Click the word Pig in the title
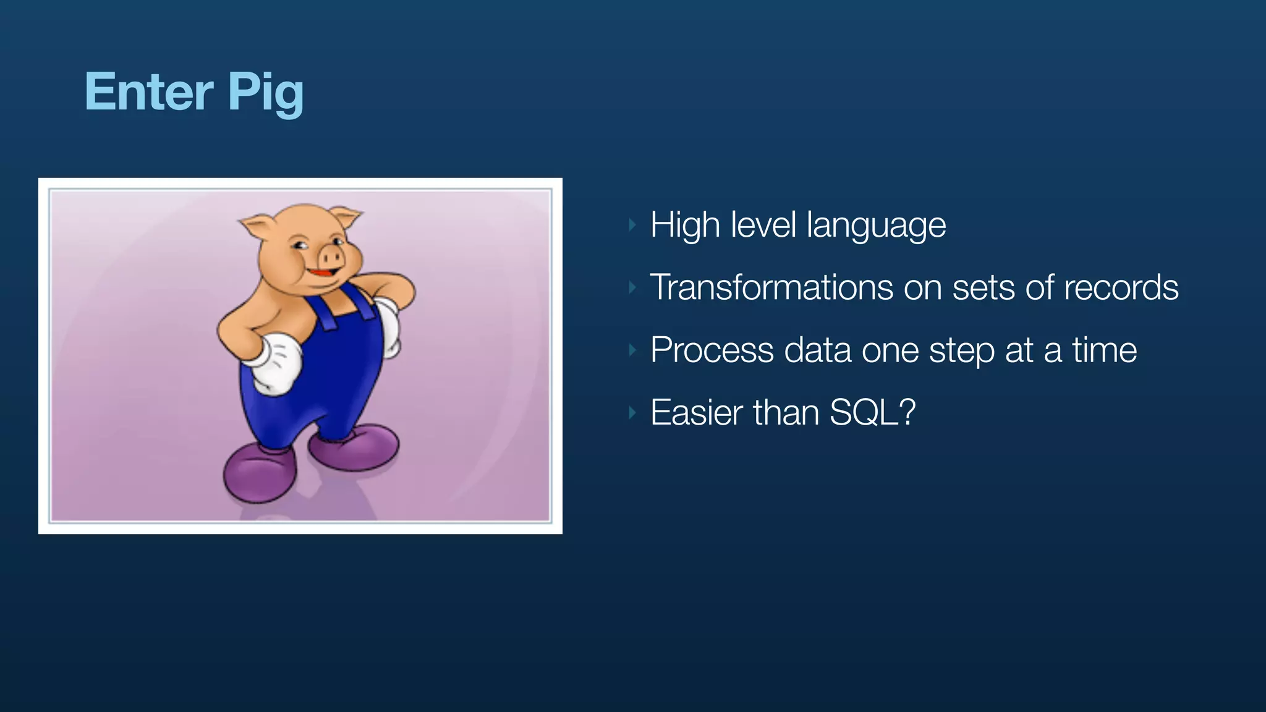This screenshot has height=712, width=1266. coord(266,93)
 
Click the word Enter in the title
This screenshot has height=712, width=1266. coord(148,91)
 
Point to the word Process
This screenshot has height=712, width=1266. coord(712,350)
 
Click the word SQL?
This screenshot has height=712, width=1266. coord(872,412)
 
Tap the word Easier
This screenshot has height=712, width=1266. coord(695,412)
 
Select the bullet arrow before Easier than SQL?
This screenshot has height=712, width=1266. coord(632,412)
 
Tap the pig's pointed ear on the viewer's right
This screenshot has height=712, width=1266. coord(346,217)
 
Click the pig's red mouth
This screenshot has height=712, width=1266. coord(323,272)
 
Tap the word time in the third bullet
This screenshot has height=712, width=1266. coord(1104,350)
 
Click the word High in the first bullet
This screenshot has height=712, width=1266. coord(684,226)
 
